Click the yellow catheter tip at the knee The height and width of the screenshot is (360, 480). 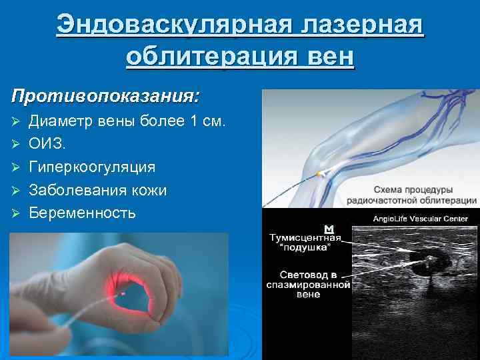(321, 173)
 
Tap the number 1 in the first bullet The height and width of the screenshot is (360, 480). (195, 121)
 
